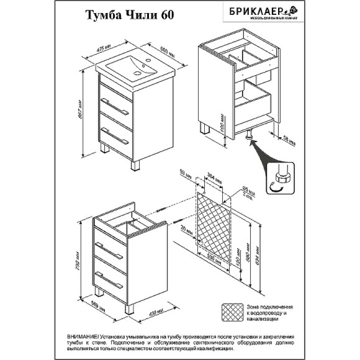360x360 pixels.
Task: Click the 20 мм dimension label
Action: tap(184, 229)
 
